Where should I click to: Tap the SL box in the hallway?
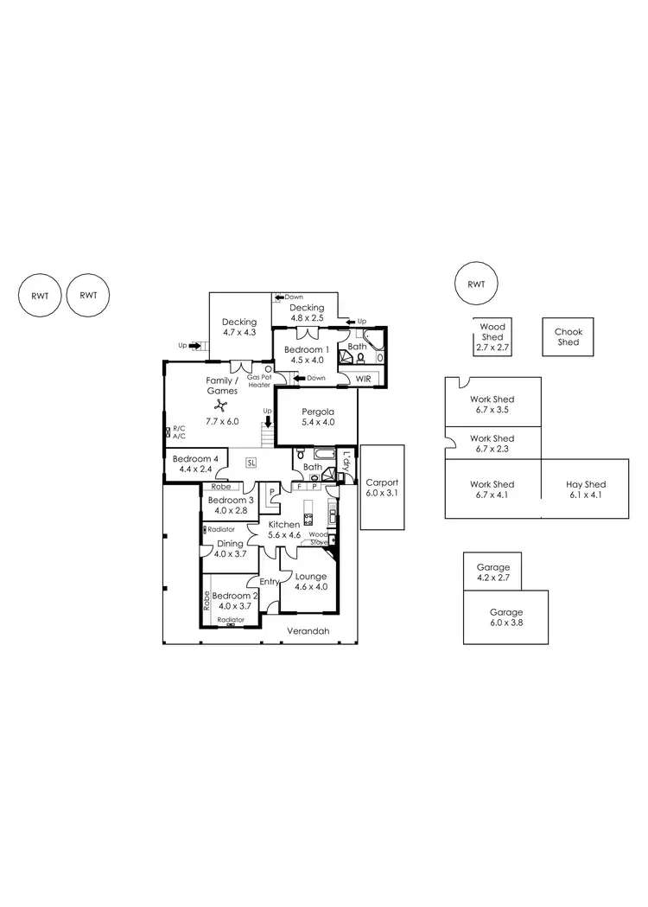pos(251,463)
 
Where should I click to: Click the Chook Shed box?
pos(568,337)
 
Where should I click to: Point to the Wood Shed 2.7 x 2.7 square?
pos(492,337)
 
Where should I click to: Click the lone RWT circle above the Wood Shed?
pos(476,284)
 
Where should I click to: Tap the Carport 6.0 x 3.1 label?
pos(381,488)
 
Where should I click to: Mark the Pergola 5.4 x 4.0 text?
pos(315,417)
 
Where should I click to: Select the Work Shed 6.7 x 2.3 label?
pos(492,444)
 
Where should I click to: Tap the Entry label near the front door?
pos(270,582)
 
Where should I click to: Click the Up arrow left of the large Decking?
pos(194,346)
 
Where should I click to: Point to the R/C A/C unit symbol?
pos(167,431)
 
